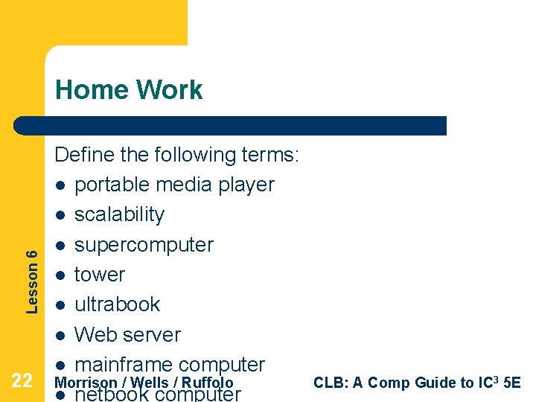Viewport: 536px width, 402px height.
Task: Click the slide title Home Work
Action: click(x=129, y=90)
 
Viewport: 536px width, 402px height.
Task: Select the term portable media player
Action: click(x=174, y=185)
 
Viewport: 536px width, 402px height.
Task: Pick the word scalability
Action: click(x=119, y=214)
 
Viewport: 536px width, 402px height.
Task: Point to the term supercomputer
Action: click(x=144, y=245)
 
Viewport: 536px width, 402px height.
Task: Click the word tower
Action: click(x=99, y=275)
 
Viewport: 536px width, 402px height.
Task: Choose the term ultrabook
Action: click(x=117, y=304)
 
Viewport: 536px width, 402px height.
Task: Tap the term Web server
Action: click(x=127, y=335)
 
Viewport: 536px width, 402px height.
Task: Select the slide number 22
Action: click(x=22, y=382)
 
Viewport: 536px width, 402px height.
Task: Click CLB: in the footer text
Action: click(x=330, y=383)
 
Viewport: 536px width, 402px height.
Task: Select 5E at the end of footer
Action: click(x=512, y=383)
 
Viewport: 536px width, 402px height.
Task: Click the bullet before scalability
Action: click(x=60, y=215)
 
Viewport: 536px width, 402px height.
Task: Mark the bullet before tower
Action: click(x=60, y=275)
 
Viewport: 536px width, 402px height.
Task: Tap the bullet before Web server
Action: click(x=60, y=336)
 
